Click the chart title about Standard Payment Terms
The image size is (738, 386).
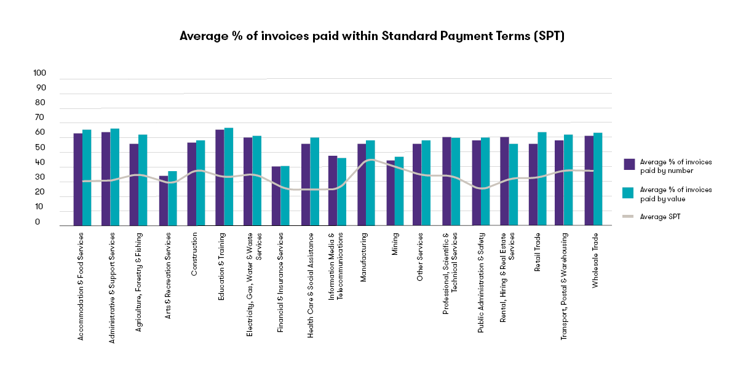tap(371, 36)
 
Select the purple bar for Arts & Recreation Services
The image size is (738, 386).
tap(164, 201)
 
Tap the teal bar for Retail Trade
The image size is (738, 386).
tap(542, 179)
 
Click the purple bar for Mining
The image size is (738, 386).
tap(391, 193)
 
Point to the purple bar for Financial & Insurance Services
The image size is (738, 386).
tap(276, 196)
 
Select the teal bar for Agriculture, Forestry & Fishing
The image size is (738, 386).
tap(143, 180)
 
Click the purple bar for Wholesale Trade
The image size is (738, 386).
tap(589, 180)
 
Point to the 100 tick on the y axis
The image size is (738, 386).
tap(40, 73)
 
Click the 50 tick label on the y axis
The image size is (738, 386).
tap(40, 148)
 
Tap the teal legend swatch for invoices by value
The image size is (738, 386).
tap(629, 193)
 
